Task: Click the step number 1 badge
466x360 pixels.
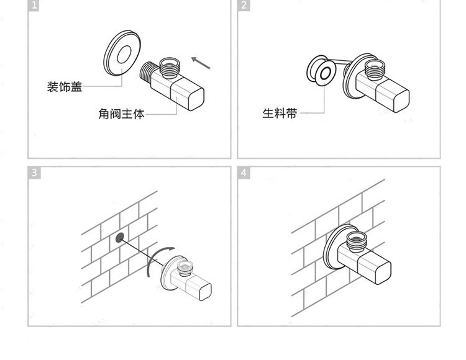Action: coord(34,6)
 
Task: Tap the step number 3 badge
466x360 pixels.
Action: coord(34,173)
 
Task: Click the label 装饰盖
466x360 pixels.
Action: coord(65,87)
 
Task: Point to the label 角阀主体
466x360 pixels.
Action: coord(121,114)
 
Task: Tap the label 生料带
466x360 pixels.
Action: coord(280,114)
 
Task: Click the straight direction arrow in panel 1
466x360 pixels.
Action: coord(201,62)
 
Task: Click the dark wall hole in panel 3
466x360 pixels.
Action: coord(119,237)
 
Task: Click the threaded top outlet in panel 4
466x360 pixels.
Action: coord(358,238)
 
